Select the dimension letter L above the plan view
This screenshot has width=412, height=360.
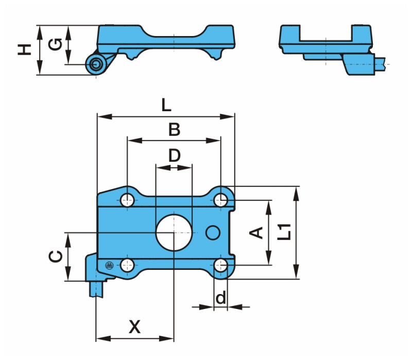point(165,106)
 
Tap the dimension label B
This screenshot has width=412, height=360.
point(175,130)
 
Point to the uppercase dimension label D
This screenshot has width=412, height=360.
point(175,155)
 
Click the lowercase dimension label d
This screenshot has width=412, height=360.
point(220,298)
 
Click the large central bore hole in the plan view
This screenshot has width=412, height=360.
point(174,232)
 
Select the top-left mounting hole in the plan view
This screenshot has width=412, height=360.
point(127,200)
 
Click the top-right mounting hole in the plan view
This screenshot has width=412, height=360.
point(221,200)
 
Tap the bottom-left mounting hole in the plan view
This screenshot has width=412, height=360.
point(127,265)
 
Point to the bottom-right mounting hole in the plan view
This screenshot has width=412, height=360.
point(221,265)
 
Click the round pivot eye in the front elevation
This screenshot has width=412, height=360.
point(95,64)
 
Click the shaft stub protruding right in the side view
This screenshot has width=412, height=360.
point(381,64)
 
